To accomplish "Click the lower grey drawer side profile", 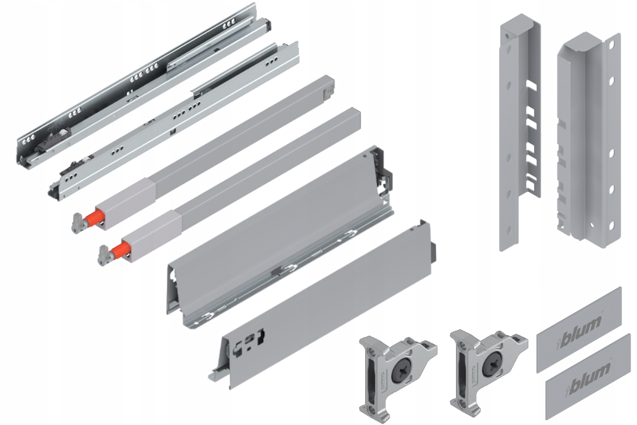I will (x=324, y=303).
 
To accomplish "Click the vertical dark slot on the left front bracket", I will (x=368, y=375).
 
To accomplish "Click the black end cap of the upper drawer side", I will (x=389, y=178).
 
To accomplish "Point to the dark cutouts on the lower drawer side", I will (x=249, y=340).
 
